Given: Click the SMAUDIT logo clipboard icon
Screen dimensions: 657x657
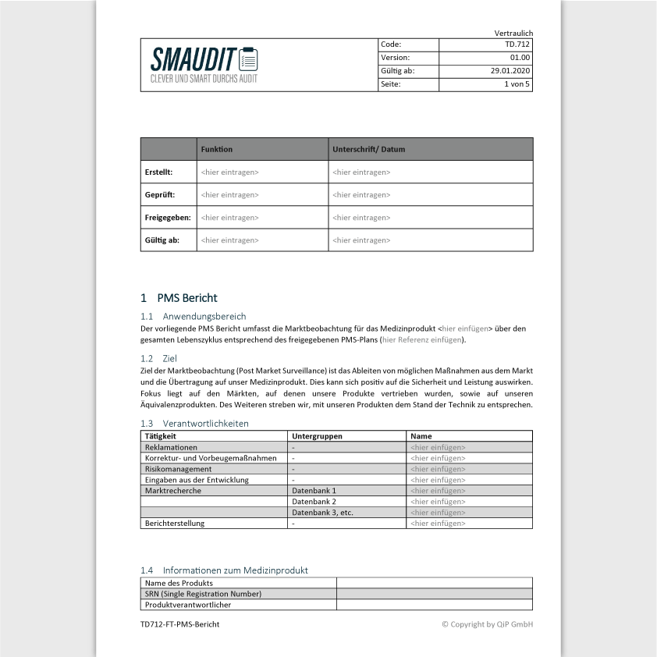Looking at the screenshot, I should click(x=248, y=59).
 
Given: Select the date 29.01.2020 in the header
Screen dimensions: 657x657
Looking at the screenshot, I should click(x=510, y=71).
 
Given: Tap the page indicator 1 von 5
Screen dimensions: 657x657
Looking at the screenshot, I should click(x=517, y=84).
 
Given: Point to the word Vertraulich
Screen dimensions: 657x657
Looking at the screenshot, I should click(x=513, y=33).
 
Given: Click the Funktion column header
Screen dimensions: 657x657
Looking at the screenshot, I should click(x=217, y=149).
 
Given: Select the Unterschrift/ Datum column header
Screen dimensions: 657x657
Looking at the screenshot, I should click(x=368, y=149).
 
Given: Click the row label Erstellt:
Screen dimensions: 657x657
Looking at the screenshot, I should click(x=159, y=172).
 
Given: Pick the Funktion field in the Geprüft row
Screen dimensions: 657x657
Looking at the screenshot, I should click(x=229, y=194).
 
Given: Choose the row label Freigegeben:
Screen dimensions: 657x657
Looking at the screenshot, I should click(x=168, y=218).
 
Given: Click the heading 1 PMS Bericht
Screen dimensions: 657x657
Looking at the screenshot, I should click(x=179, y=298).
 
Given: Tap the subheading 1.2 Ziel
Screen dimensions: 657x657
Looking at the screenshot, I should click(x=158, y=358).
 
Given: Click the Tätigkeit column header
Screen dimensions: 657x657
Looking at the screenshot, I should click(x=161, y=436).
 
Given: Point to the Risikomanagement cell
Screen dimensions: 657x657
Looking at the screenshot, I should click(x=178, y=469).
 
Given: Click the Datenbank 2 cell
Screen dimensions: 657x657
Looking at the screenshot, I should click(x=314, y=502).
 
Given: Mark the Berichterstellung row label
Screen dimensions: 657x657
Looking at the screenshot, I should click(x=175, y=524).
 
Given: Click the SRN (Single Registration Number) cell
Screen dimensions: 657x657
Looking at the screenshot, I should click(x=203, y=594).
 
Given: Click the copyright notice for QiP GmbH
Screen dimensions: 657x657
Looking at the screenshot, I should click(x=487, y=624).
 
